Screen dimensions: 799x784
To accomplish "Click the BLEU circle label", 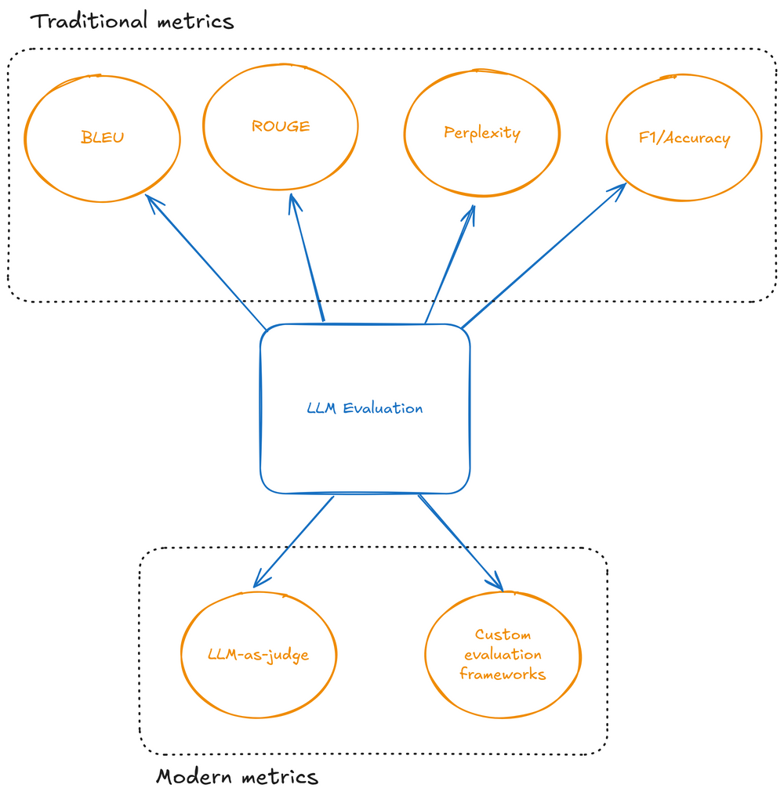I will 103,138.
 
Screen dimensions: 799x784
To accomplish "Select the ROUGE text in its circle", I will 281,126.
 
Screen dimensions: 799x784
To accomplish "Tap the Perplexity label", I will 482,132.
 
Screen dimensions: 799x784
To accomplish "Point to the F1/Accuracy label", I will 684,139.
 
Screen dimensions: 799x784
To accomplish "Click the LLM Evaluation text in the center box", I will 365,408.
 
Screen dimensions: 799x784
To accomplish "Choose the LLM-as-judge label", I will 259,655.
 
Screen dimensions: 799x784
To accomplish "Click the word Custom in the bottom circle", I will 503,634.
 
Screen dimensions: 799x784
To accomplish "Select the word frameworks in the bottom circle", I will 503,674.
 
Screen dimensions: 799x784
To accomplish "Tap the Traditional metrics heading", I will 132,20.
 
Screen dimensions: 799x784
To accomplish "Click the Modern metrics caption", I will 238,777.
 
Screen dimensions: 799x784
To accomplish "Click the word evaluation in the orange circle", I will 503,654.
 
